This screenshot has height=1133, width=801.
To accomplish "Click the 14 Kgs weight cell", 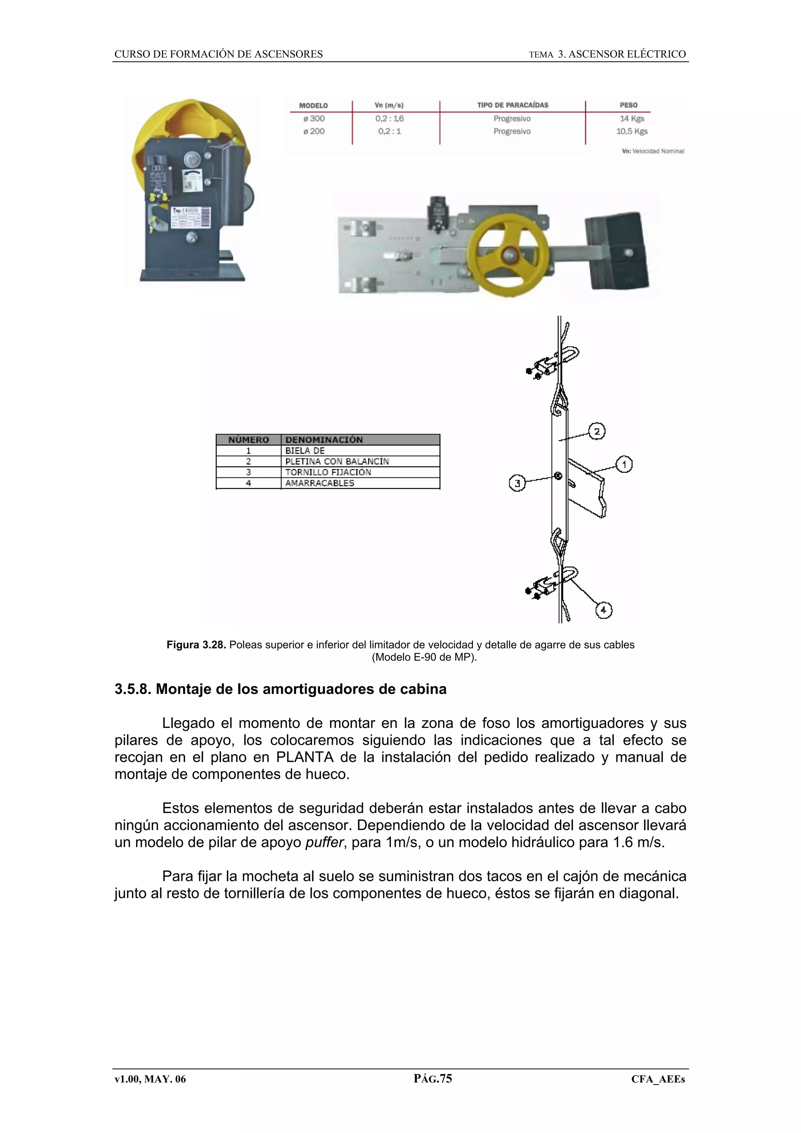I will click(x=631, y=118).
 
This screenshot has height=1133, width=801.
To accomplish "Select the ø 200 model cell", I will click(x=314, y=131).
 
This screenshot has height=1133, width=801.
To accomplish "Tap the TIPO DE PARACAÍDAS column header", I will click(x=512, y=105).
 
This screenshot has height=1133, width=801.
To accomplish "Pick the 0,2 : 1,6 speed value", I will click(x=390, y=118).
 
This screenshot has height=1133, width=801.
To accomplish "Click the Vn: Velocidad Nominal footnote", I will click(x=652, y=151).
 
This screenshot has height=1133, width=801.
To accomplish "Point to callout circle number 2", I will click(x=597, y=432).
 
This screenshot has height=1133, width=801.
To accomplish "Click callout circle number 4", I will click(x=603, y=610).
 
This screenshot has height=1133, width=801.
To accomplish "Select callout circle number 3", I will click(x=517, y=484).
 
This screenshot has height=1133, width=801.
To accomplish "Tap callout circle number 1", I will click(x=624, y=464).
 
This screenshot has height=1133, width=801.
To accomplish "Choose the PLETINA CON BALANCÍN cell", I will click(x=337, y=461).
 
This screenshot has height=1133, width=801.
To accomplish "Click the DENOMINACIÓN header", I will click(x=324, y=440).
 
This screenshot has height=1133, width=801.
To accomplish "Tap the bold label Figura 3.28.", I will click(x=196, y=645).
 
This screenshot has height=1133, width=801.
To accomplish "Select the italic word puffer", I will click(x=323, y=843).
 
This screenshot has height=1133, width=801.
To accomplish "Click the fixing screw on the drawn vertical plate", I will click(x=558, y=476).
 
